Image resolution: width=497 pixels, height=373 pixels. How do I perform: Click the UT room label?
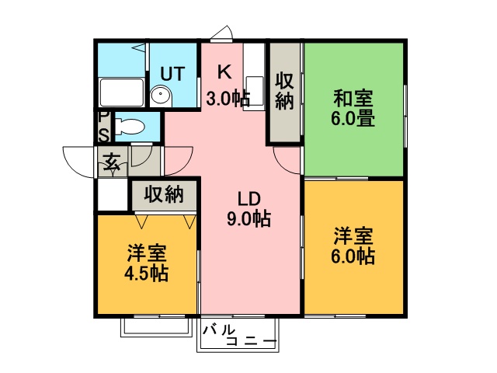coord(172,74)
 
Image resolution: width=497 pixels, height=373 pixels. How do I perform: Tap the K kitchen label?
coord(224,72)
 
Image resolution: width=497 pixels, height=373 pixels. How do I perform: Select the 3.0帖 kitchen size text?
coord(228,99)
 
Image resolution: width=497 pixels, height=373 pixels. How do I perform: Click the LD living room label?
coord(249,199)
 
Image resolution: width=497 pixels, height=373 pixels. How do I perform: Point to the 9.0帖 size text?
coord(249,219)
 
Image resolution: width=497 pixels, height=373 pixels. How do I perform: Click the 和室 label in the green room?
coord(353,99)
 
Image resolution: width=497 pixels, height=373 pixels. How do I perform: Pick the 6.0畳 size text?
coord(353,119)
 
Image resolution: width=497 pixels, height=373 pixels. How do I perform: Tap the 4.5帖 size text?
coord(146,273)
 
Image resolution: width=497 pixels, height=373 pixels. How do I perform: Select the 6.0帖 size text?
coord(353,256)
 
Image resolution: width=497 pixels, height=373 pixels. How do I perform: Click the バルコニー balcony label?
coord(240,336)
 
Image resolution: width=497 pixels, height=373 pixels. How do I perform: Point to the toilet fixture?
coord(130,127)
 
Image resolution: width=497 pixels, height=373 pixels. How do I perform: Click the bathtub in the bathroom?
coord(121,92)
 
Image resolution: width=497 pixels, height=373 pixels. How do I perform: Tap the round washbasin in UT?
coord(161,94)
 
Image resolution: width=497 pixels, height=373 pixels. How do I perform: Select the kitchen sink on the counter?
coord(255,92)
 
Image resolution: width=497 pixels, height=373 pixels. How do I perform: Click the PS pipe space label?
coord(103,127)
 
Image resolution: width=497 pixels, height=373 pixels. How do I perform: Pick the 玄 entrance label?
coord(112,162)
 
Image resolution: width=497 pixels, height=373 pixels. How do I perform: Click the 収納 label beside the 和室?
coord(284,91)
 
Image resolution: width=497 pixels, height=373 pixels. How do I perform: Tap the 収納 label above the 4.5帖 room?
coord(164,193)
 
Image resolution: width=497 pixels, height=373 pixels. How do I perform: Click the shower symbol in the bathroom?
coord(141,47)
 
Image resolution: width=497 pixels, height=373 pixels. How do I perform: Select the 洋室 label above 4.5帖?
coord(146,253)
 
